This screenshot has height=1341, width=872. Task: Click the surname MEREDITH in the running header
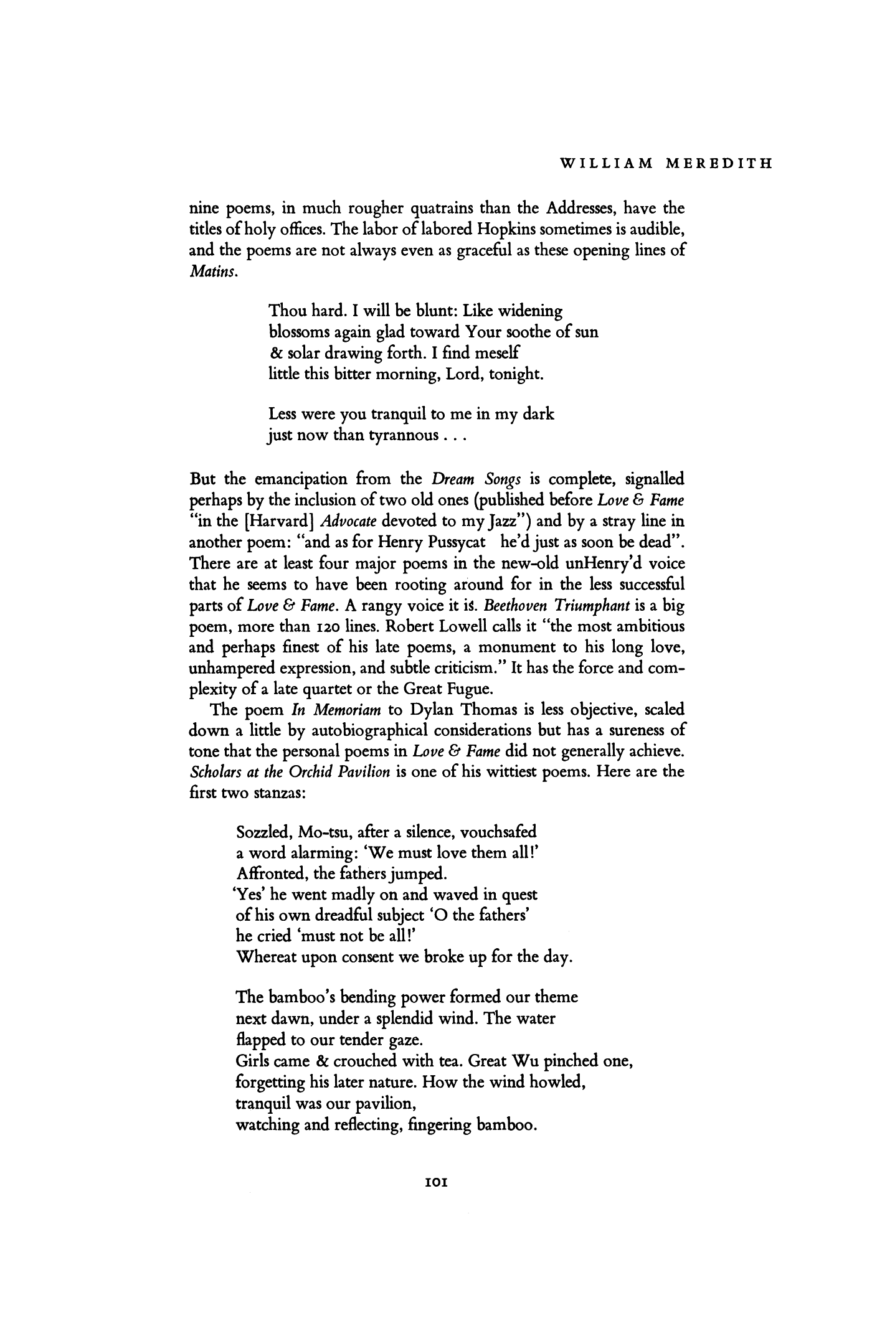pos(717,164)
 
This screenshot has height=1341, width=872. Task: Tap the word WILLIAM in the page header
pos(602,164)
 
